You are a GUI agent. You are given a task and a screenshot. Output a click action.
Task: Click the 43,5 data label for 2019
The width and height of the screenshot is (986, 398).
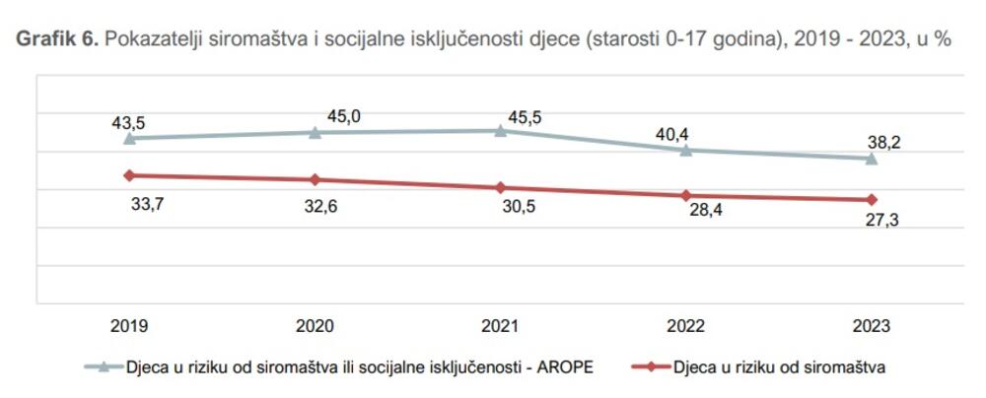coord(128,122)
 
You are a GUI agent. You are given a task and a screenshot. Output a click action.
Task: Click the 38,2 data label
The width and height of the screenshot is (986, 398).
coord(882,142)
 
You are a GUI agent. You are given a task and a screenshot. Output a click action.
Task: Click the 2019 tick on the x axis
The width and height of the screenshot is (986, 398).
coord(129,327)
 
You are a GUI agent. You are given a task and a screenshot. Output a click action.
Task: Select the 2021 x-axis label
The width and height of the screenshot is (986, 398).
coord(501,327)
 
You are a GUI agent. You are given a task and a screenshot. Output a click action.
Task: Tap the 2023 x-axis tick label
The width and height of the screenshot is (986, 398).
coord(872,327)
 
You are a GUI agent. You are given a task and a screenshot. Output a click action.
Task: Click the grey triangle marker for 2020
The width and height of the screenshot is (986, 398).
coord(315,132)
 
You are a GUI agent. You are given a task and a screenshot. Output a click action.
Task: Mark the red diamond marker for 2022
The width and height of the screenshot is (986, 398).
coord(686,195)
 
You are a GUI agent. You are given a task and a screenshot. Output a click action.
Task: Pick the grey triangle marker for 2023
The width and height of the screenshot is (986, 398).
coord(872,159)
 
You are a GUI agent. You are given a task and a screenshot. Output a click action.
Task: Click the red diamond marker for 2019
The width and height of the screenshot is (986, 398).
coord(129,175)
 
